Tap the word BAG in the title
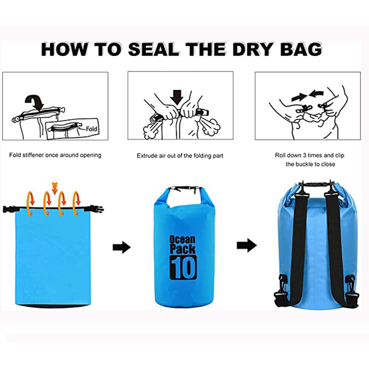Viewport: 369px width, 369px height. (x=301, y=50)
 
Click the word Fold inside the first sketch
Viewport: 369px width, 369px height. (x=91, y=129)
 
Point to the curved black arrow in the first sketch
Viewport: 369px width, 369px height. (x=35, y=102)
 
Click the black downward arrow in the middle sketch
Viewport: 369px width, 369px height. (x=177, y=97)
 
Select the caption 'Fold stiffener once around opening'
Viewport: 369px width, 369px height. (x=55, y=155)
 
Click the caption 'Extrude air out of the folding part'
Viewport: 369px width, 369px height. (x=180, y=156)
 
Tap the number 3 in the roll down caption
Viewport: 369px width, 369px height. (x=304, y=155)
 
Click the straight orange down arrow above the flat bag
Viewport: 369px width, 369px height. (x=55, y=188)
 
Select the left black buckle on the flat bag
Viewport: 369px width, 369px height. (x=9, y=209)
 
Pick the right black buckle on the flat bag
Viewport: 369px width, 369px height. (x=96, y=209)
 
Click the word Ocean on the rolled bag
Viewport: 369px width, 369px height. (x=182, y=240)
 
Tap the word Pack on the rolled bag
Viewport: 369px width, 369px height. (x=182, y=249)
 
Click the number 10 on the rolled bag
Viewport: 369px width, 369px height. (x=183, y=267)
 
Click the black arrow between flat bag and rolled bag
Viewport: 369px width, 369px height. (x=122, y=247)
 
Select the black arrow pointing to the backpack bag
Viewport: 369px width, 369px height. (x=247, y=246)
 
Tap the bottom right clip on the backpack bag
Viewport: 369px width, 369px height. (x=352, y=292)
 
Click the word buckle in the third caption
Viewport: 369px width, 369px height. (x=305, y=164)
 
